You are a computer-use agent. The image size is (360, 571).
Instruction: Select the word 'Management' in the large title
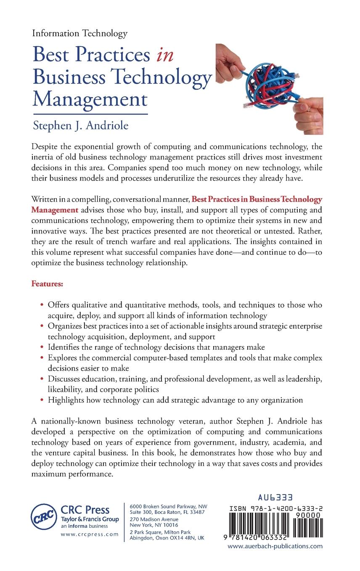[90, 100]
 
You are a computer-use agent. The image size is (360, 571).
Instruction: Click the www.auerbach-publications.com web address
[275, 546]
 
